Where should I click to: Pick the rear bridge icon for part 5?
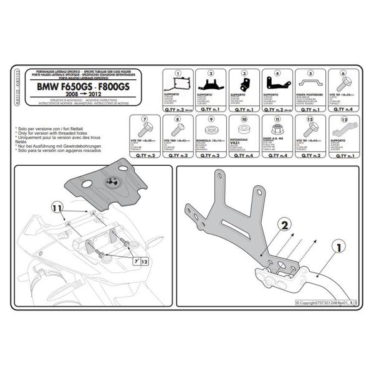310,83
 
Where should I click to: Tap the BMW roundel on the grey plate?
112,182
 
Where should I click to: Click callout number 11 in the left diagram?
56,207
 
